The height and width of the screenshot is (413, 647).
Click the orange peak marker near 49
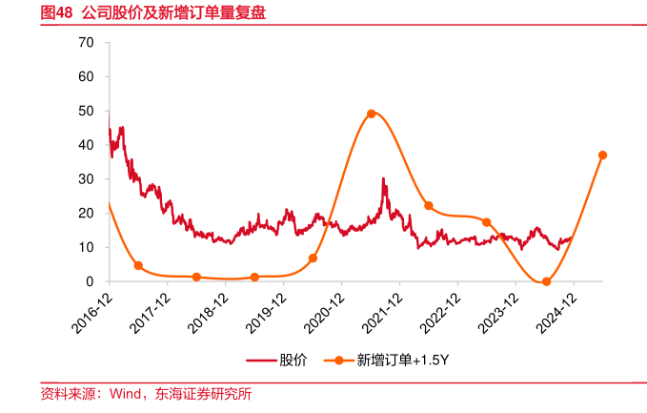click(371, 114)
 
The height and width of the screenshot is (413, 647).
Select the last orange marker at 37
click(602, 155)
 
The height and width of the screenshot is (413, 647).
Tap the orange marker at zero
click(546, 281)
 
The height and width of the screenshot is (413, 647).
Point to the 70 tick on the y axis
click(87, 43)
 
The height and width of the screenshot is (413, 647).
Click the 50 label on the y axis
click(87, 111)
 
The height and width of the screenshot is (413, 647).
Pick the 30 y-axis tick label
click(87, 179)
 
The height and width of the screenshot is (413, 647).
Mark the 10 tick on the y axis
click(87, 247)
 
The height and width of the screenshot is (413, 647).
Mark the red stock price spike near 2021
click(383, 179)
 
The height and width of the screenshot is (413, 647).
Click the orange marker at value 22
click(429, 206)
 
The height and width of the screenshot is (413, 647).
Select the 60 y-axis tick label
click(87, 76)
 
